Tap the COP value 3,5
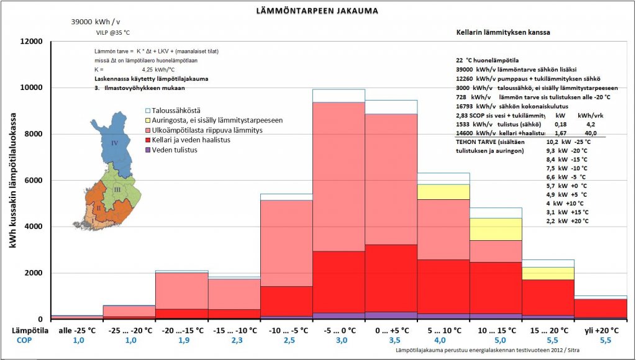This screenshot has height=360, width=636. click(391, 341)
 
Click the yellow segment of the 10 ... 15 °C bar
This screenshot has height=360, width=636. click(496, 229)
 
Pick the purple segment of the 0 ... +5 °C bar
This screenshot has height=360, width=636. click(391, 315)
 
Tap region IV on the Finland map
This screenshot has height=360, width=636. click(115, 143)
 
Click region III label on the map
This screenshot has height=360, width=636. click(118, 189)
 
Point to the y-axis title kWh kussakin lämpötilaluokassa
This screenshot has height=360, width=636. click(12, 181)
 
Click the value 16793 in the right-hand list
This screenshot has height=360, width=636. click(466, 107)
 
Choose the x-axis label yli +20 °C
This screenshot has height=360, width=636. click(600, 330)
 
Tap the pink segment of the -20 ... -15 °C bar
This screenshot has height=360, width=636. click(181, 290)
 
